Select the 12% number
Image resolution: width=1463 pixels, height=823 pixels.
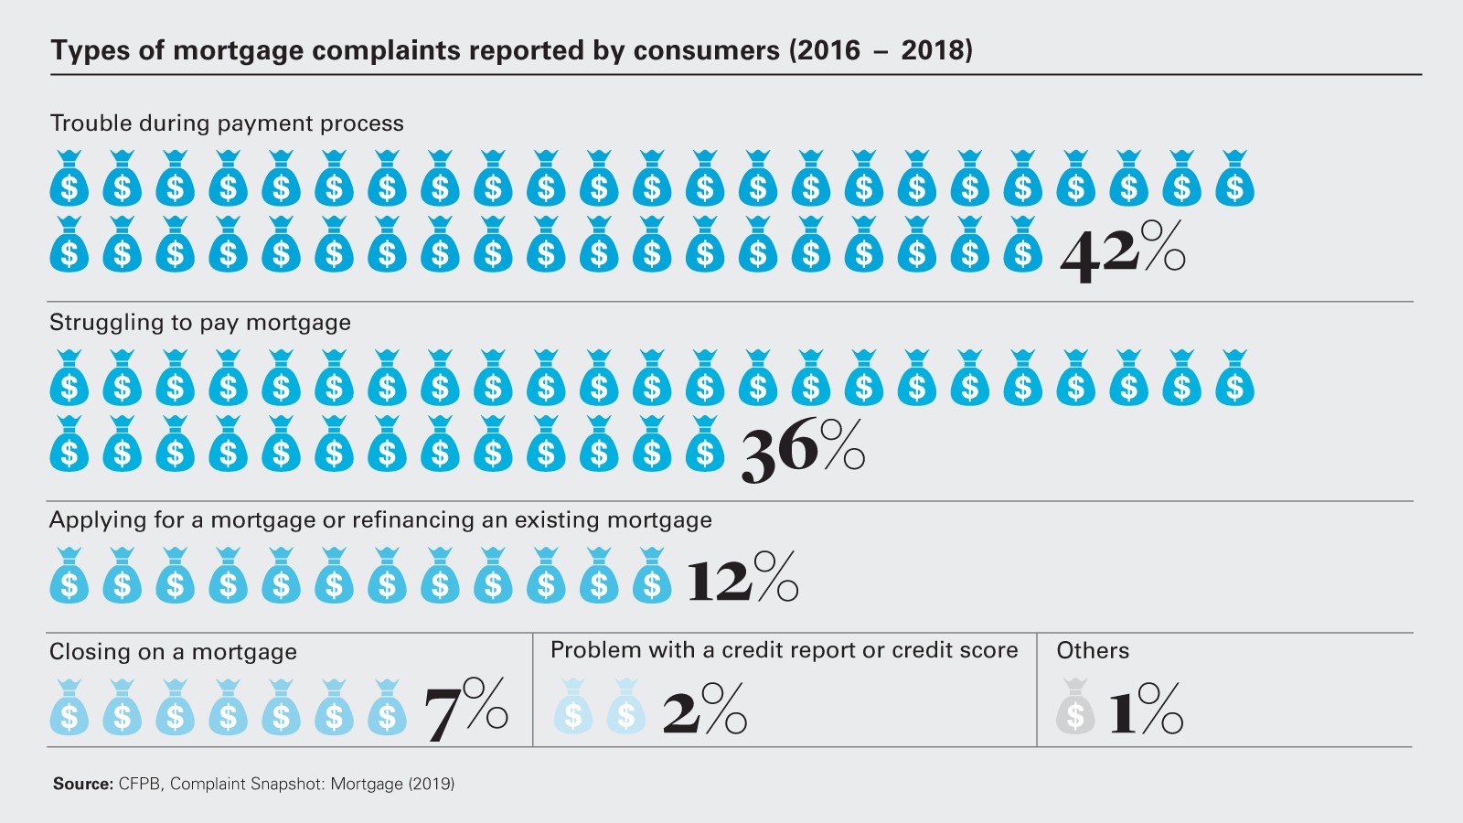742,579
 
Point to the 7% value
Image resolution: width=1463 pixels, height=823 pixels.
465,710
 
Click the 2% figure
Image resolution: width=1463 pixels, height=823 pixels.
704,710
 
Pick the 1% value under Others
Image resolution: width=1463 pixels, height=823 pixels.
1146,710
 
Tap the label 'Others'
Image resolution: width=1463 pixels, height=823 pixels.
1093,650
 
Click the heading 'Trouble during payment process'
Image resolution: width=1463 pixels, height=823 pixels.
227,123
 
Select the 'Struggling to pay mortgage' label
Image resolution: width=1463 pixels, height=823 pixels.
200,323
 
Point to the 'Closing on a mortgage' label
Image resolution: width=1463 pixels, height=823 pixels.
173,652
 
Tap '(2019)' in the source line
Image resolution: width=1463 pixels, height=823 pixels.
431,784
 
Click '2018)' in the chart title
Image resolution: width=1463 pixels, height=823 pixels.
936,50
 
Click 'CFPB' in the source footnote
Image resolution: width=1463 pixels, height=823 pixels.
140,784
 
